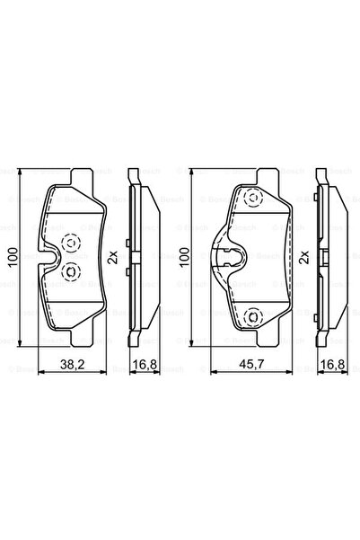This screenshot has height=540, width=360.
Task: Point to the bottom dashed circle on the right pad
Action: pyautogui.click(x=252, y=315)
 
